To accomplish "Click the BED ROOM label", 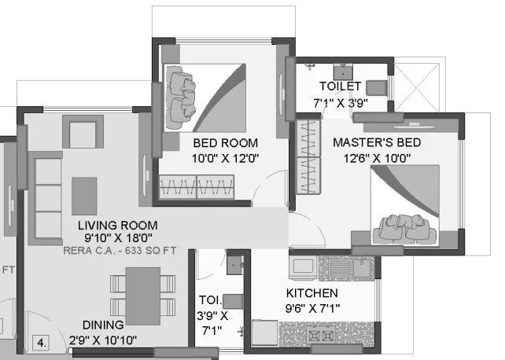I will coord(225,143).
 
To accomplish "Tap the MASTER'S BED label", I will coord(376,143).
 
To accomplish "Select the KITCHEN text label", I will coord(311,293).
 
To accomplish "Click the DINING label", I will coord(98,325).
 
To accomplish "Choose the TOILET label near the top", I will coord(340,86).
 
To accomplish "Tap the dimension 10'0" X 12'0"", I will coord(226,158).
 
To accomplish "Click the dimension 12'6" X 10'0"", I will coord(376,158).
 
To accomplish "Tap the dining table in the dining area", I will coord(141,292).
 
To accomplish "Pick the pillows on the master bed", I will coord(400,226).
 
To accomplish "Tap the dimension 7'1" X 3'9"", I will coord(340,102).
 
